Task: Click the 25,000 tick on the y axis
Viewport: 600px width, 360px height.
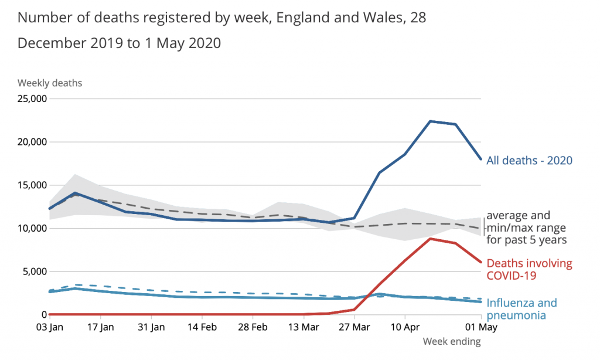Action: pyautogui.click(x=32, y=99)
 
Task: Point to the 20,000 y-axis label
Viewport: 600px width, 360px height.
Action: pyautogui.click(x=32, y=142)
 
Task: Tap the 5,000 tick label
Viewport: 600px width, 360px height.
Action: pyautogui.click(x=35, y=271)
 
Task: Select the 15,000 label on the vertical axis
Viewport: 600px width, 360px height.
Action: pyautogui.click(x=32, y=185)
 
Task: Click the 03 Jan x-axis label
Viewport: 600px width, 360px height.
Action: pyautogui.click(x=50, y=325)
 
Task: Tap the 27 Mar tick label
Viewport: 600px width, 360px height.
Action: pyautogui.click(x=353, y=325)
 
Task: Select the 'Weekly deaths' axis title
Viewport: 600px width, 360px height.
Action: pyautogui.click(x=50, y=83)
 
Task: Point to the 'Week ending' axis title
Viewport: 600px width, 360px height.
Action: pyautogui.click(x=452, y=341)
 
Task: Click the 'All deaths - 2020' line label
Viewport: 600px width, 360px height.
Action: pyautogui.click(x=529, y=160)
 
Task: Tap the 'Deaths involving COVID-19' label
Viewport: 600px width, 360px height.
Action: pyautogui.click(x=529, y=269)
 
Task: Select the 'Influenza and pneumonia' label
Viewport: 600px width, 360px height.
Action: pyautogui.click(x=521, y=309)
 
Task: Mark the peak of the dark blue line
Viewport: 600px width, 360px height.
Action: pyautogui.click(x=430, y=121)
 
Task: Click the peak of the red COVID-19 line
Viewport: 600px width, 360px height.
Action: pyautogui.click(x=430, y=239)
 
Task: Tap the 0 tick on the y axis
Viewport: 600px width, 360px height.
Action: pyautogui.click(x=43, y=315)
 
